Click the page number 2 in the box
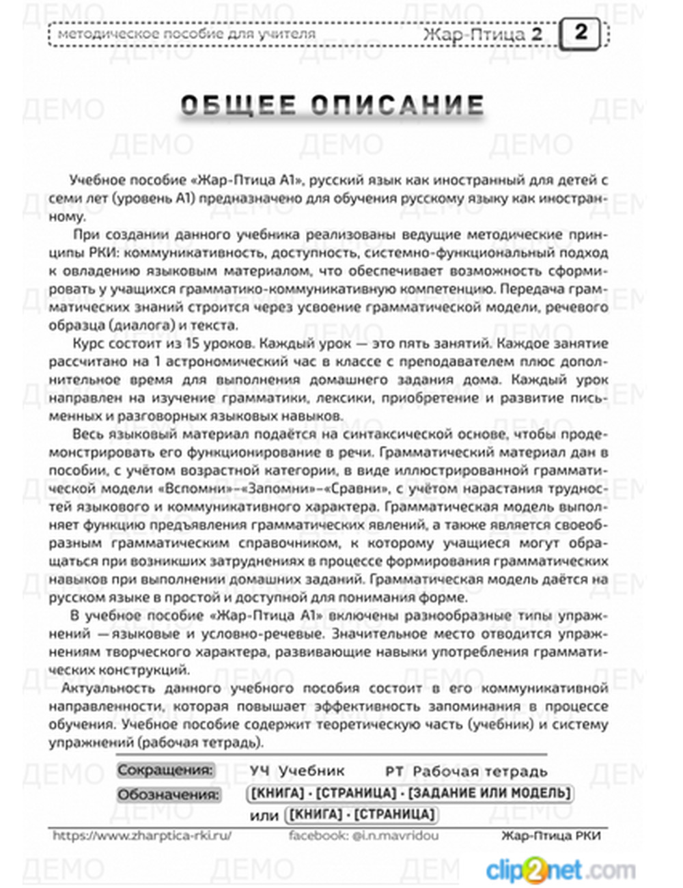[580, 33]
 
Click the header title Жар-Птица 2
[482, 33]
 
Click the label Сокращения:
[165, 770]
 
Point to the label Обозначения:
[169, 794]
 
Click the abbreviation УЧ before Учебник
[260, 771]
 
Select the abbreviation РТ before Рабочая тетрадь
[394, 771]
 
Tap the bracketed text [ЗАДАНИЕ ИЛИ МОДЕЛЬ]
[491, 793]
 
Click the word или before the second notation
[264, 816]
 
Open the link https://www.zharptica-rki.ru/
[142, 835]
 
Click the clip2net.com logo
[560, 870]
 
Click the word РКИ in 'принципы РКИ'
[87, 253]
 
